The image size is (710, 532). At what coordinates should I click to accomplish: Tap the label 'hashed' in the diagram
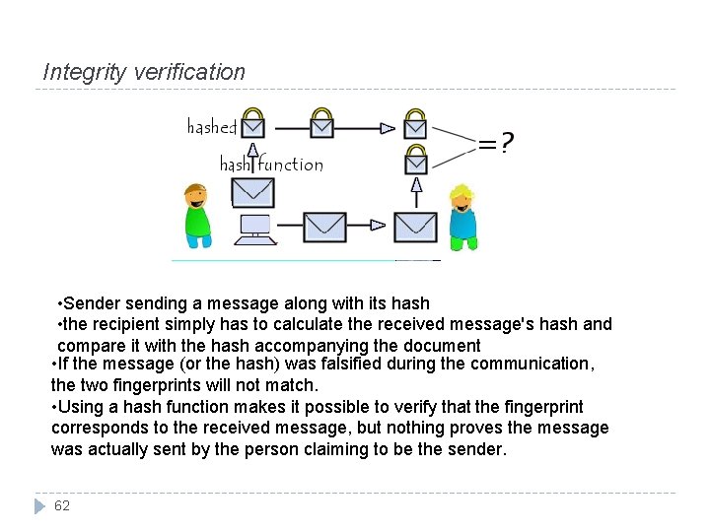pos(211,127)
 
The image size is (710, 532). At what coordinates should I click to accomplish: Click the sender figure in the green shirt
pos(197,215)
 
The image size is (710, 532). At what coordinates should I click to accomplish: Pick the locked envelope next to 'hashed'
pos(253,123)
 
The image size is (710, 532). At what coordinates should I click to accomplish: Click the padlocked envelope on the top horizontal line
pos(321,123)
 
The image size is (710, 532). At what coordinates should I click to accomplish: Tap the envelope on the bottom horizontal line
pos(324,227)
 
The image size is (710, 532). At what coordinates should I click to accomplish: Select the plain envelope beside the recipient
pos(415,227)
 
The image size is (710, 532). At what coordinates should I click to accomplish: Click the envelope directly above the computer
pos(253,191)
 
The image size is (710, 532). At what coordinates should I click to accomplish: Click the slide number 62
pos(62,505)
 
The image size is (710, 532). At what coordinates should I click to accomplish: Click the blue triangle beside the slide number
pos(39,505)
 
